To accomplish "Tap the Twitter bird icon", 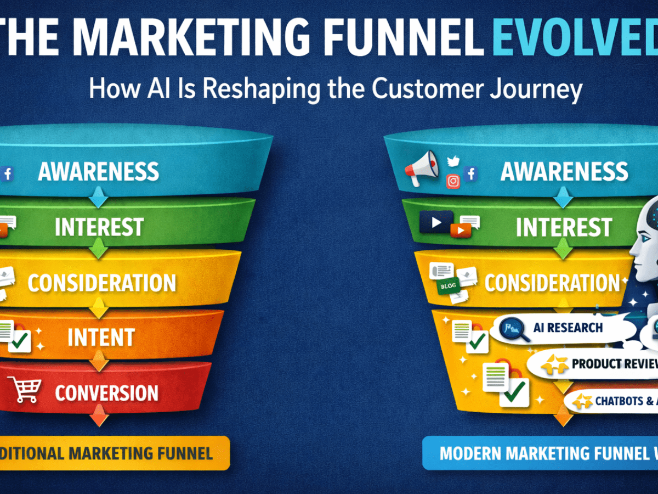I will [453, 160].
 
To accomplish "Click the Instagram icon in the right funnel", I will [453, 181].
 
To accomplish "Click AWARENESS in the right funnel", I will [564, 172].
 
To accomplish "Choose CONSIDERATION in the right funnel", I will [552, 283].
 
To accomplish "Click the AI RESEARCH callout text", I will [568, 328].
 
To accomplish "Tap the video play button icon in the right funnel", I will [436, 222].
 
